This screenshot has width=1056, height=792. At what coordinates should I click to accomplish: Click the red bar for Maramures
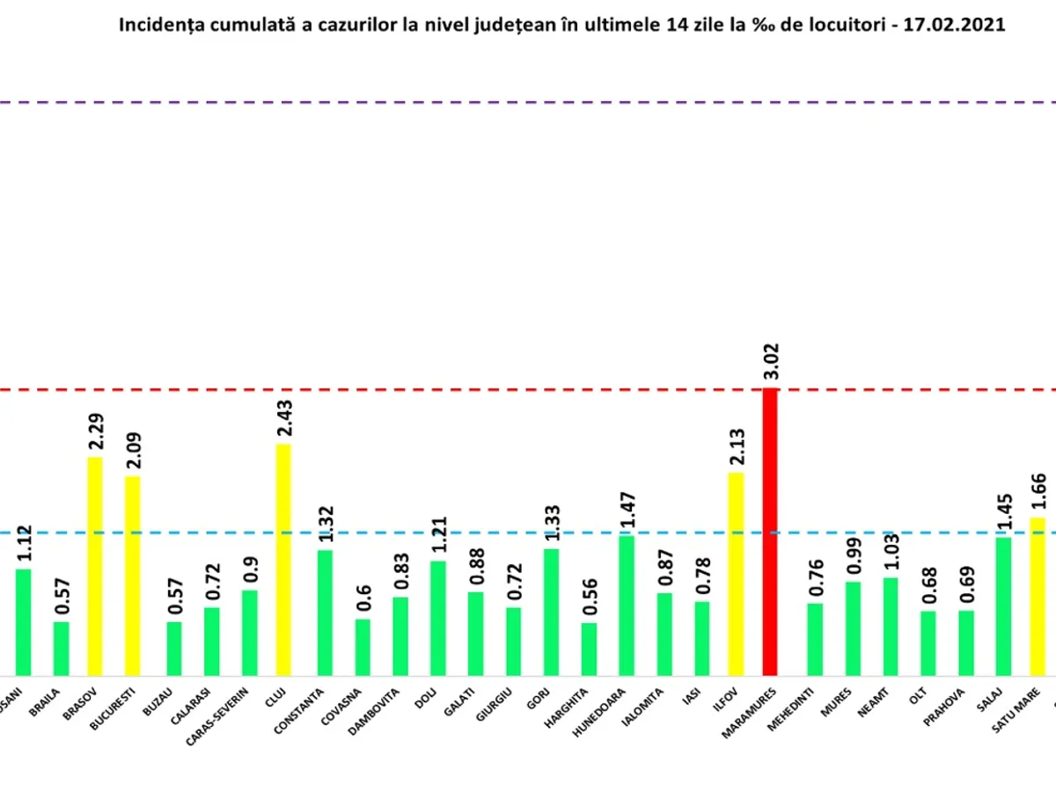pos(770,532)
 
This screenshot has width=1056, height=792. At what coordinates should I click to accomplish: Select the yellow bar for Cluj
pos(283,559)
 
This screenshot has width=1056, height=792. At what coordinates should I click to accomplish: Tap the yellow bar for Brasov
pos(95,566)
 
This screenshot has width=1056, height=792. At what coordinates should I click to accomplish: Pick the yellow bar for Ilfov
pos(736,574)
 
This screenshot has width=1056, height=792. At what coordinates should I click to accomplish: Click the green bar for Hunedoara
pos(627,605)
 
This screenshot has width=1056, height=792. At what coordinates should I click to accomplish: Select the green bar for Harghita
pos(589,649)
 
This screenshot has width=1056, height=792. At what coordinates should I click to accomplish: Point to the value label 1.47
pos(628,511)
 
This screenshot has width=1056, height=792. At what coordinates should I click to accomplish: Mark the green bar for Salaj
pos(1002,606)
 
